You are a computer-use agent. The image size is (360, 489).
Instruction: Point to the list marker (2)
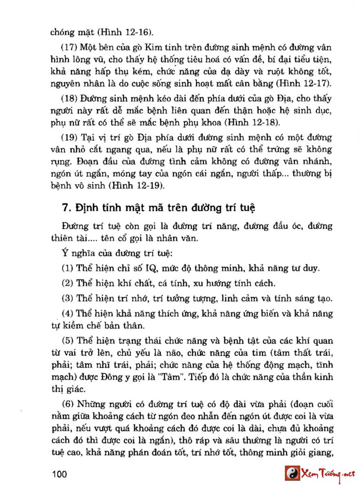pos(67,284)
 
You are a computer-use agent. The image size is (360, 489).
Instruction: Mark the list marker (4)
pos(67,313)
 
